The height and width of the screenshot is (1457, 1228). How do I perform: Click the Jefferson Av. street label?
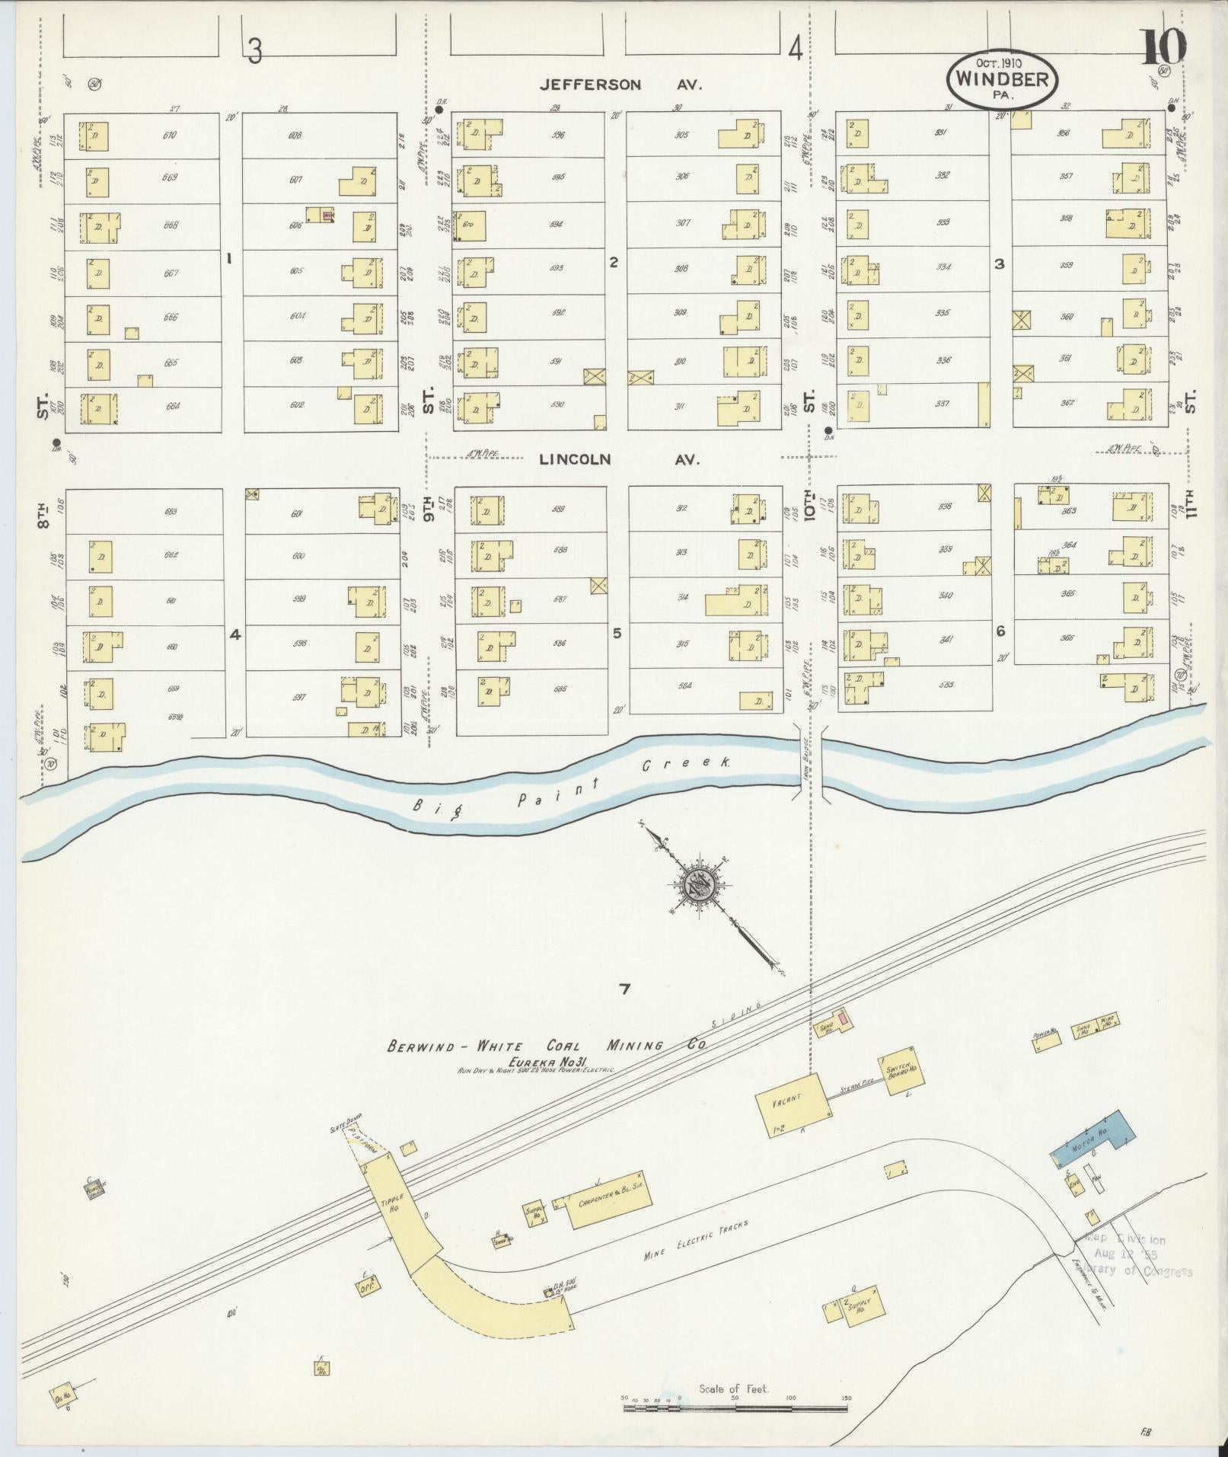620,85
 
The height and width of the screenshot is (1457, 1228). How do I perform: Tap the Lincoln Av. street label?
619,459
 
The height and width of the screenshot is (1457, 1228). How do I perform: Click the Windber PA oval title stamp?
1002,80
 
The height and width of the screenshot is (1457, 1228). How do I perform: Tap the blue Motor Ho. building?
1093,1145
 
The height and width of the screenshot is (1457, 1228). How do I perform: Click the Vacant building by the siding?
791,1106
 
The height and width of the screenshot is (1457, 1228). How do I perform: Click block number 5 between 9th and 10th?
617,633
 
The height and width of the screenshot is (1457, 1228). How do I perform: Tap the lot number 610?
169,136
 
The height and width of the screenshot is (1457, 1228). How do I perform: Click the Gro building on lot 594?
470,226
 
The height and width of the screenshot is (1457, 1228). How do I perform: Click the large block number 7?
624,989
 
